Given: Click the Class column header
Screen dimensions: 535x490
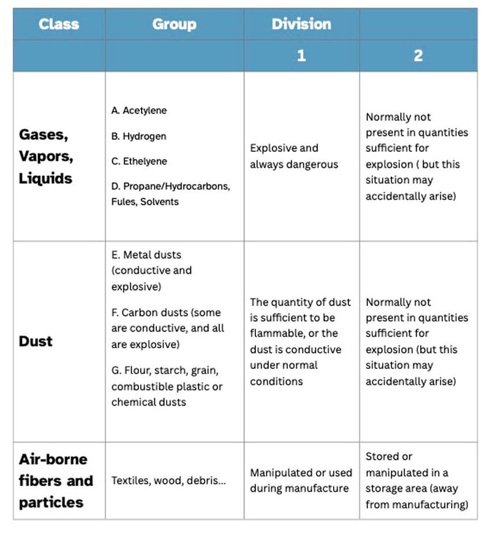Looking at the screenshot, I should [x=59, y=25].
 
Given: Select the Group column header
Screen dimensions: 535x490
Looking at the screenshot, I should [x=174, y=25].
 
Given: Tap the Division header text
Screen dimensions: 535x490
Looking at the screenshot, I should [x=301, y=25].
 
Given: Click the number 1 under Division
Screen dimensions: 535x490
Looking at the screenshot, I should [x=301, y=56].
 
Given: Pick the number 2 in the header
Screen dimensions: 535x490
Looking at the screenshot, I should [x=418, y=56].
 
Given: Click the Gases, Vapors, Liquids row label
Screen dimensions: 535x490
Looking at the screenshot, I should [x=47, y=156].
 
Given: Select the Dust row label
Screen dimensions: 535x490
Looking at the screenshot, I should [x=36, y=341].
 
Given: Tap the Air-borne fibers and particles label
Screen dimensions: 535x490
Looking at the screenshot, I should [x=55, y=480].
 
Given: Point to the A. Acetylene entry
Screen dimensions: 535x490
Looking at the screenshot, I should [x=139, y=111].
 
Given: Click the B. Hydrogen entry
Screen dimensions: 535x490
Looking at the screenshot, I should [x=138, y=136].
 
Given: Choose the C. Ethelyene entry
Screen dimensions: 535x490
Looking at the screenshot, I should [x=139, y=161].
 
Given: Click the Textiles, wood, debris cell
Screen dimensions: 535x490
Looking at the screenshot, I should [x=168, y=481].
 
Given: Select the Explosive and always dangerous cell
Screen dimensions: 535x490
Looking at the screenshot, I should [x=293, y=156].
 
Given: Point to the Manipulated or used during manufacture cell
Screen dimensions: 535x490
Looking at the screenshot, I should [x=301, y=480].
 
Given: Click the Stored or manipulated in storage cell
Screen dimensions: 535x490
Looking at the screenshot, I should [x=417, y=480].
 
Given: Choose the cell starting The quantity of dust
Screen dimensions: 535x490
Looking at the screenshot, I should [x=300, y=341].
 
